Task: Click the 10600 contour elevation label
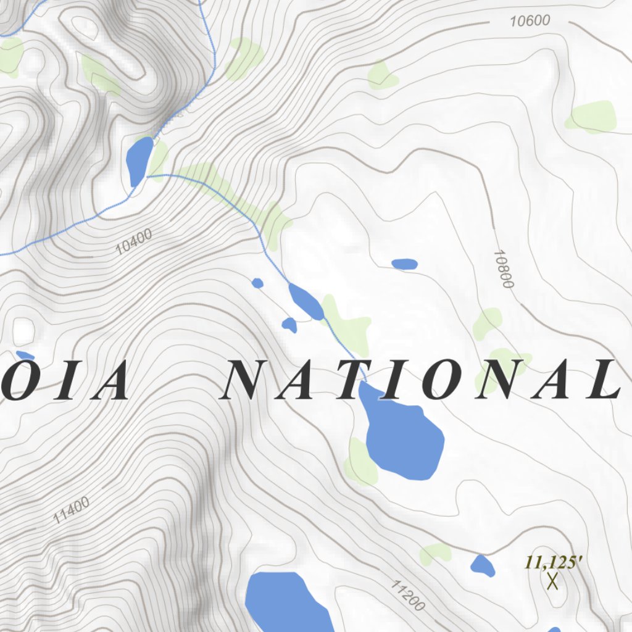pyautogui.click(x=530, y=21)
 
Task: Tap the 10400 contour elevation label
pyautogui.click(x=134, y=242)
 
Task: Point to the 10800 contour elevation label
pyautogui.click(x=504, y=270)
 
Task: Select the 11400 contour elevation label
pyautogui.click(x=71, y=510)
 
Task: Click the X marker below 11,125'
pyautogui.click(x=552, y=581)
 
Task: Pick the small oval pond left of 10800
pyautogui.click(x=405, y=264)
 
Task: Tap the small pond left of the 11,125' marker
pyautogui.click(x=482, y=565)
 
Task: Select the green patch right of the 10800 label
pyautogui.click(x=591, y=115)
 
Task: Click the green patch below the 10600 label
pyautogui.click(x=383, y=75)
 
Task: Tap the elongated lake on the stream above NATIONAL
pyautogui.click(x=306, y=301)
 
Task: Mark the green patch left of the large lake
pyautogui.click(x=360, y=462)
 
